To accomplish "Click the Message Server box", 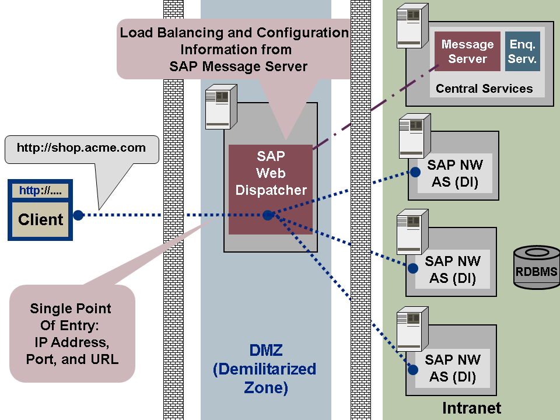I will click(x=467, y=51).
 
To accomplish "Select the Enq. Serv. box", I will click(x=523, y=51).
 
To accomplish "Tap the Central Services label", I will click(x=484, y=89).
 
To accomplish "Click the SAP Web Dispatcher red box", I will click(x=270, y=175).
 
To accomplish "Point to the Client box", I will click(x=40, y=219).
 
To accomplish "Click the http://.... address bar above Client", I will click(x=40, y=191).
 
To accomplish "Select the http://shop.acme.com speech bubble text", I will click(x=81, y=148).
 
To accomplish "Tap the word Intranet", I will click(x=471, y=408).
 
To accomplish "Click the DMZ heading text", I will click(x=266, y=351).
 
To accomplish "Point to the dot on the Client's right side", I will click(x=78, y=215).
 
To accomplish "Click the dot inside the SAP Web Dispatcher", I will click(x=268, y=215).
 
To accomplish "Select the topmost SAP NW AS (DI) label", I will click(x=455, y=174).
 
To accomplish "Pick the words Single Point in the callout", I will click(x=71, y=309).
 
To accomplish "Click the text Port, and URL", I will click(x=72, y=359).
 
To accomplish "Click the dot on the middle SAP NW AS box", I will click(x=412, y=268).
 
